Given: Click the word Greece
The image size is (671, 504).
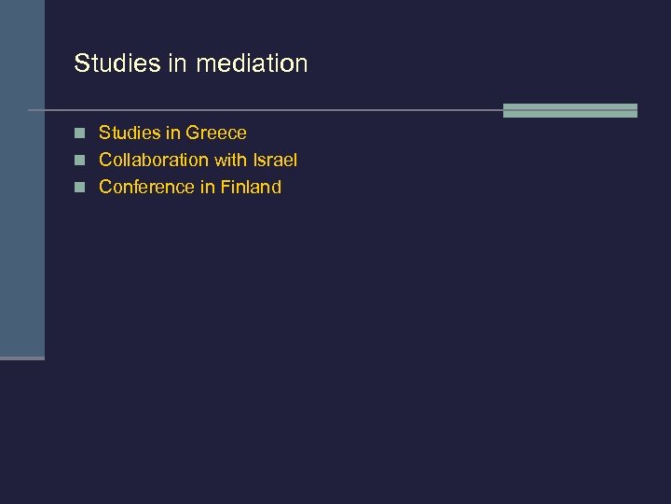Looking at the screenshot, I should [x=216, y=133].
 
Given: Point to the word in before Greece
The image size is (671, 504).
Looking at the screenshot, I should [x=174, y=133].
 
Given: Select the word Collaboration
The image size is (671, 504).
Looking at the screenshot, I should [x=154, y=160].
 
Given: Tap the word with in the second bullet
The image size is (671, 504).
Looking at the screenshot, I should [x=230, y=160].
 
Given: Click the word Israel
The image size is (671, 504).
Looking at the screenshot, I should [x=275, y=160].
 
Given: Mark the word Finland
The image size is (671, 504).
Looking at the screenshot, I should [x=251, y=187].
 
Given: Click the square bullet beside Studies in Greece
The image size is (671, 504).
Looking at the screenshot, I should [x=81, y=133].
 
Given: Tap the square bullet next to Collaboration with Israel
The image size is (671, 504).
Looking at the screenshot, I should [x=81, y=161].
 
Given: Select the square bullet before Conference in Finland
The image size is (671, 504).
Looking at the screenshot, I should [x=81, y=188].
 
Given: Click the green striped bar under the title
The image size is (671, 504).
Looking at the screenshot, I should [x=569, y=110].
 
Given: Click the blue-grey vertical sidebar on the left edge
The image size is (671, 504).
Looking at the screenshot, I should [x=21, y=187].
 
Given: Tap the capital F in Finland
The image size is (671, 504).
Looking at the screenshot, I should [x=226, y=187].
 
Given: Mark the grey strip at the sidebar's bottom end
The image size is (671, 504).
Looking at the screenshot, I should [x=21, y=357].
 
